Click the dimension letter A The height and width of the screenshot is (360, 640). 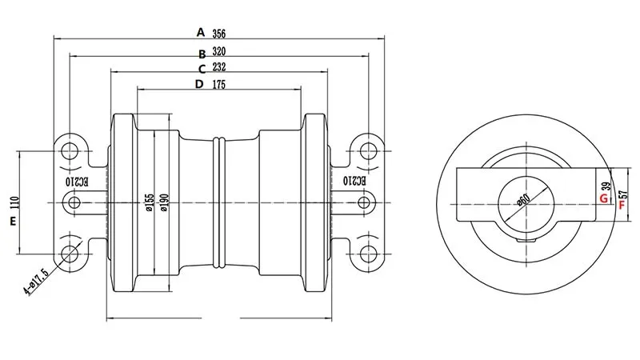tap(202, 33)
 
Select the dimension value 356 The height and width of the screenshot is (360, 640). tap(218, 34)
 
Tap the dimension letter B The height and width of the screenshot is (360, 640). tap(202, 54)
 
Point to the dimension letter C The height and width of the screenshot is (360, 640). tap(202, 70)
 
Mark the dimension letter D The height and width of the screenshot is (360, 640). tap(199, 84)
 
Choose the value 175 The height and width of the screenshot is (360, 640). tap(218, 85)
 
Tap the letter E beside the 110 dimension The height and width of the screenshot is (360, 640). tap(14, 221)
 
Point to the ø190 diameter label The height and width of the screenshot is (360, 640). tap(164, 204)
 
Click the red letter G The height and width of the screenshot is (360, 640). tap(603, 197)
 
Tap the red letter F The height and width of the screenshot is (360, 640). tap(621, 204)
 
